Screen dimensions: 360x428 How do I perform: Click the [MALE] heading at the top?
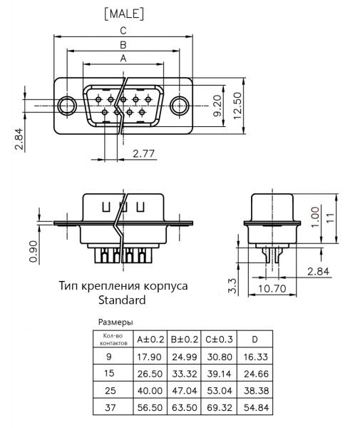coord(124,14)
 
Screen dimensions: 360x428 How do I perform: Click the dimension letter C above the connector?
coord(123,30)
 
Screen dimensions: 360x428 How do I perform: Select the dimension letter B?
coord(123,44)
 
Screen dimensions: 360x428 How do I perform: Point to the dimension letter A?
coord(123,58)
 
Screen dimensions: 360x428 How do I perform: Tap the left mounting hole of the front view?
coord(67,106)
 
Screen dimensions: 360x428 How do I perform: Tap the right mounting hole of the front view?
coord(179,106)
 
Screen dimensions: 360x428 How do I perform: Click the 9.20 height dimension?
coord(217,106)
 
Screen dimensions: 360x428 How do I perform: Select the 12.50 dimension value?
coord(237,106)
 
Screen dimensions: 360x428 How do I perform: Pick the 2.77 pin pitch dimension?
coord(143,153)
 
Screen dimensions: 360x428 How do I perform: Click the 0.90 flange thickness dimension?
coord(34,251)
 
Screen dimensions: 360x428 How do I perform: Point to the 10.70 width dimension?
coord(272,288)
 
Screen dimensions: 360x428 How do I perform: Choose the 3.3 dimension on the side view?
coord(232,286)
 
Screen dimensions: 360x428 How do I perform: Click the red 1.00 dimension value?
coord(315,217)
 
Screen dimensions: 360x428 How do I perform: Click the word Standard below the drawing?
coord(122,300)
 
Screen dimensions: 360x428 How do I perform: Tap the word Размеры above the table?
coord(115,322)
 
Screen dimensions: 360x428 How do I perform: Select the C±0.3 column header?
coord(219,340)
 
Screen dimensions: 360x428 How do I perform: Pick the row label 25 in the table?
coord(110,391)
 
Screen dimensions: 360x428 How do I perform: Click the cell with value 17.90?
coord(150,357)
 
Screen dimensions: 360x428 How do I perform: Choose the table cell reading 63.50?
coord(185,407)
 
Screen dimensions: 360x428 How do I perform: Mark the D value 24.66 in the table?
coord(256,374)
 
